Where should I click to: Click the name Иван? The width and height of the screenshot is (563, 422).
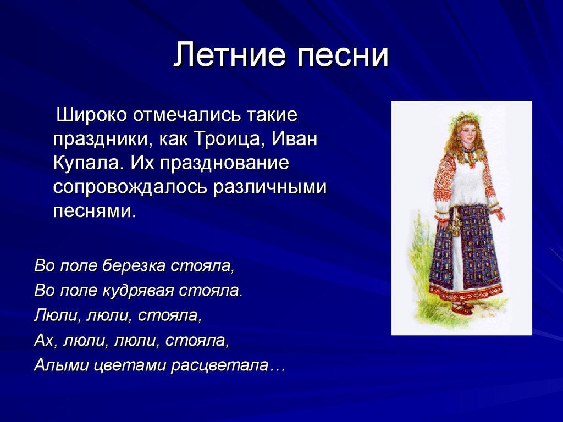pos(295,139)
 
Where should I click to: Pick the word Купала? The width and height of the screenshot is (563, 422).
pos(89,163)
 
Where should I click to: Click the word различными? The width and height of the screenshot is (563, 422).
pos(269,188)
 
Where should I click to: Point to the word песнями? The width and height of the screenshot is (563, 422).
pos(95,212)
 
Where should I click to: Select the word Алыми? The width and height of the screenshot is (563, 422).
pos(62,365)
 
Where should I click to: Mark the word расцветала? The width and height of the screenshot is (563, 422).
pos(220,366)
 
